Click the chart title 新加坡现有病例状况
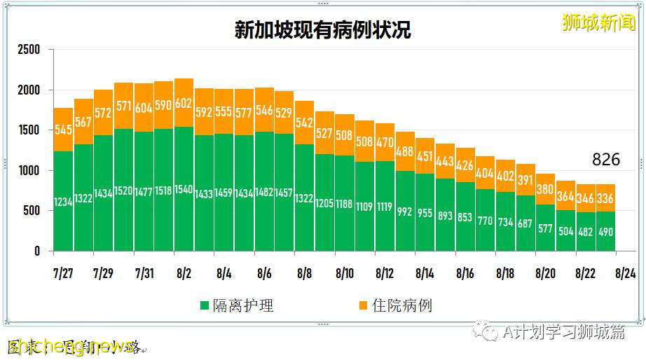[x=322, y=29]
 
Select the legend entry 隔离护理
[x=238, y=305]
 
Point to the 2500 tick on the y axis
[x=29, y=50]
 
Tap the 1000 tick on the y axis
[x=29, y=171]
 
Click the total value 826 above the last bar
[x=605, y=160]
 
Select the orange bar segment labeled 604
[x=144, y=108]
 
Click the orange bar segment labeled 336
[x=605, y=198]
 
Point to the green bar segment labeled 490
[x=605, y=231]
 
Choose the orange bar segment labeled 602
[x=184, y=103]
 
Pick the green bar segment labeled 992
[x=405, y=211]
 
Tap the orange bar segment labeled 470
[x=385, y=142]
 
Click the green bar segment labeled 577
[x=546, y=228]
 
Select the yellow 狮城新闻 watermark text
[x=598, y=22]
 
